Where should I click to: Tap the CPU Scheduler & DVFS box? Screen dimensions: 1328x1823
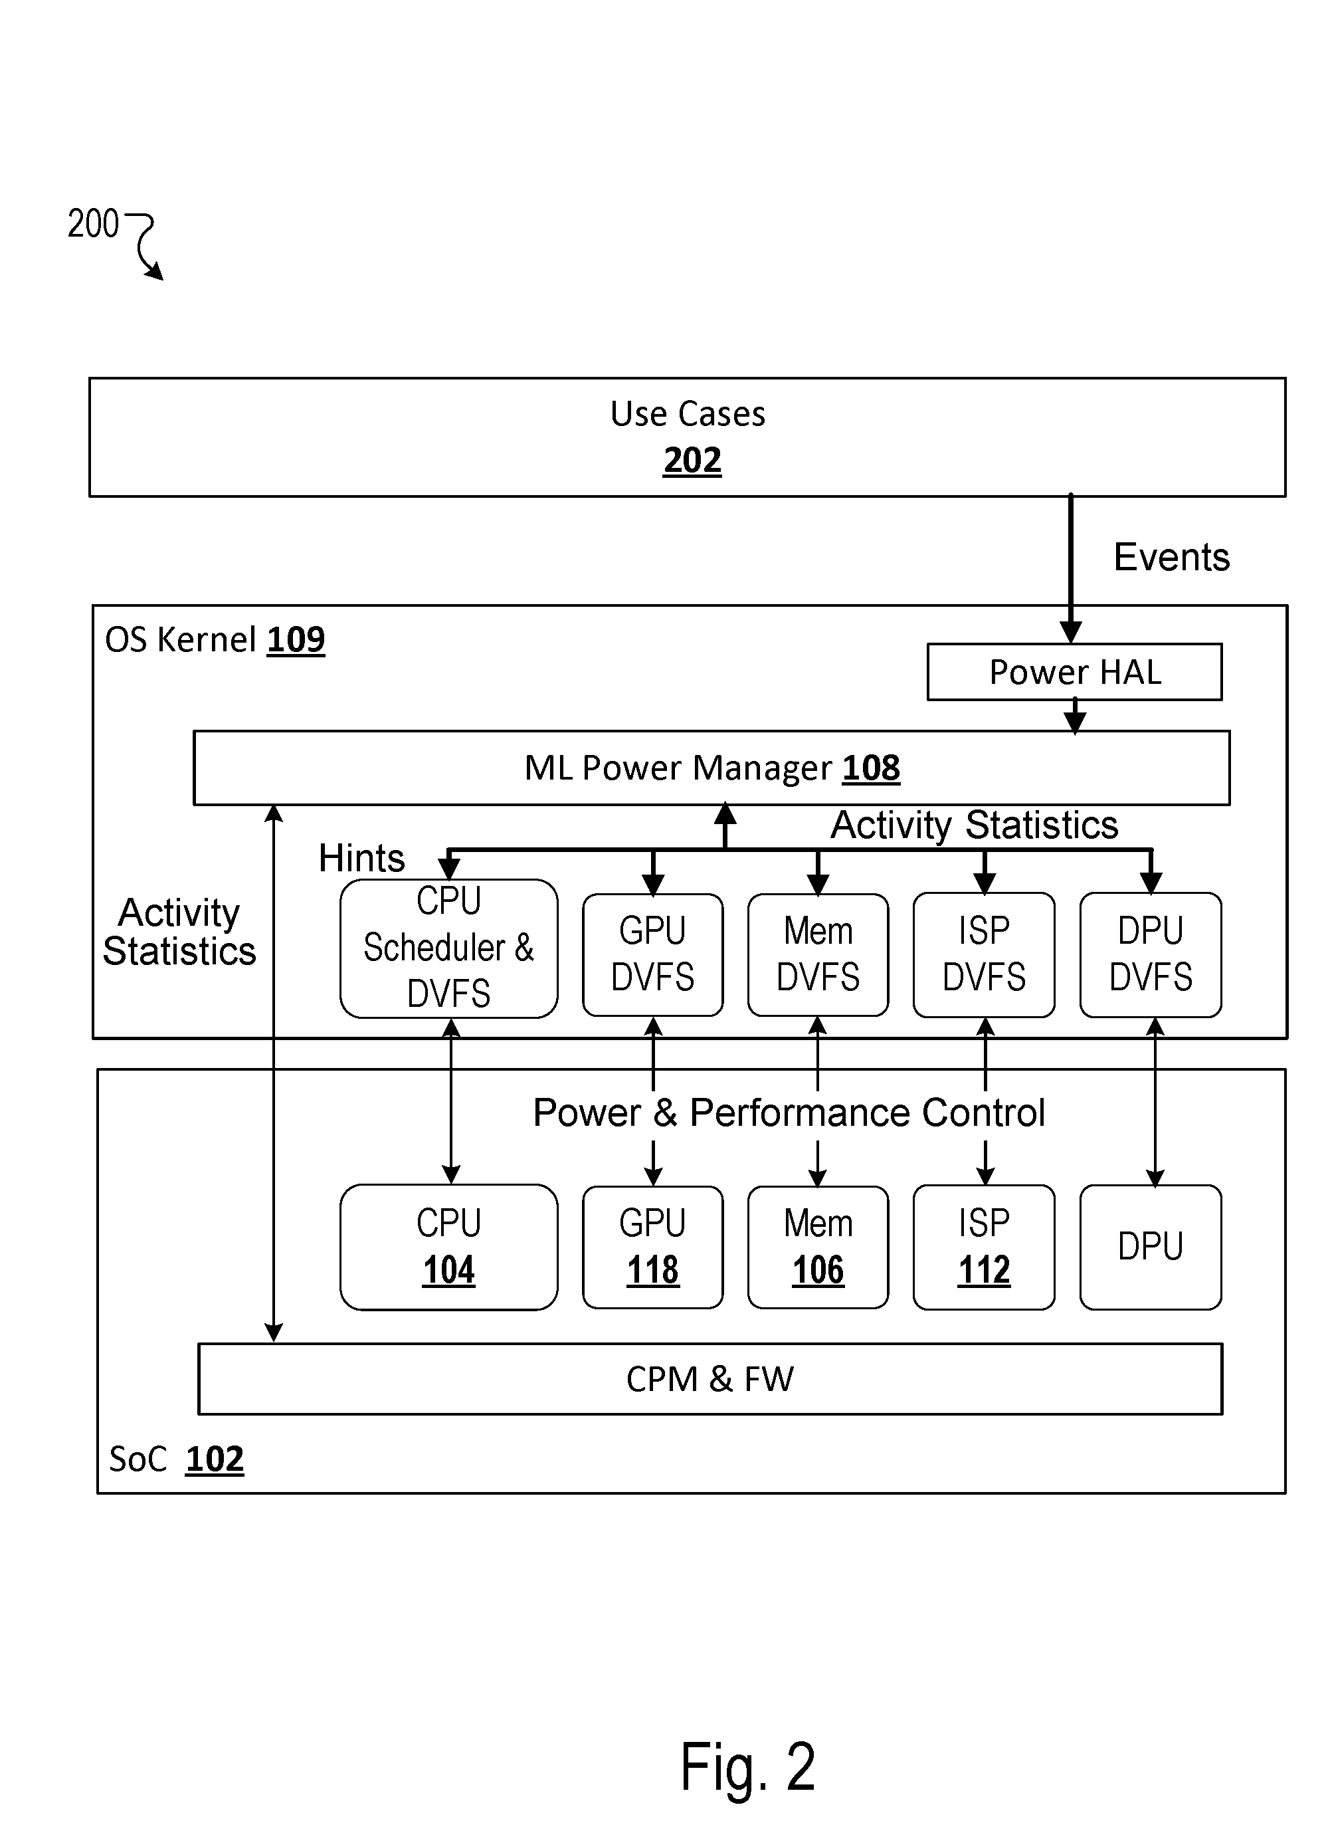pyautogui.click(x=448, y=948)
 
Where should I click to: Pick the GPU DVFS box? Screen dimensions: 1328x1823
pyautogui.click(x=653, y=954)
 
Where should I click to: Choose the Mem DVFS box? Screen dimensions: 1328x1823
pyautogui.click(x=818, y=954)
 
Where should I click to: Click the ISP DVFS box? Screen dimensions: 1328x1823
pyautogui.click(x=984, y=954)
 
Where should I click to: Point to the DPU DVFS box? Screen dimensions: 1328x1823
pyautogui.click(x=1151, y=954)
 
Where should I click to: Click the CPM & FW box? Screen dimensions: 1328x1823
pyautogui.click(x=711, y=1379)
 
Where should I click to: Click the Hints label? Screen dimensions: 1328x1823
pyautogui.click(x=362, y=858)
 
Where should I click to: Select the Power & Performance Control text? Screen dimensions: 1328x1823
pyautogui.click(x=789, y=1113)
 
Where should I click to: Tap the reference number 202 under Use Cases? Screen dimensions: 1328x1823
pyautogui.click(x=692, y=461)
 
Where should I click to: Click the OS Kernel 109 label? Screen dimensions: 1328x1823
pyautogui.click(x=215, y=640)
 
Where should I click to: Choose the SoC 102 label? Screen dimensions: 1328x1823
pyautogui.click(x=176, y=1459)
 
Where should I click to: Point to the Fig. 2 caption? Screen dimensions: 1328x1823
pyautogui.click(x=747, y=1767)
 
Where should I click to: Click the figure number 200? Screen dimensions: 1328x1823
pyautogui.click(x=93, y=223)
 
